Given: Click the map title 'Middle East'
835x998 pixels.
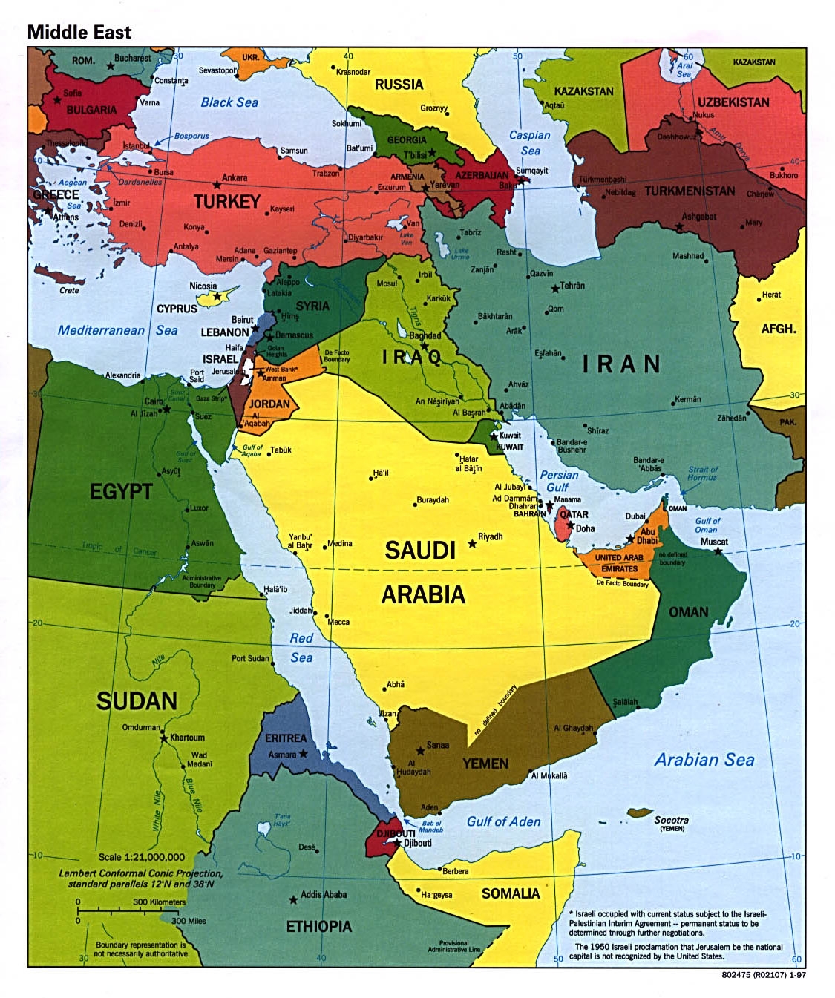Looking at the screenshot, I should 79,32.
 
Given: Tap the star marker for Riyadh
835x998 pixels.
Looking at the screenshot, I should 472,544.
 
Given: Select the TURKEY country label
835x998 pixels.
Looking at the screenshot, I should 226,202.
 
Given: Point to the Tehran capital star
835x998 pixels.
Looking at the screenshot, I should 555,289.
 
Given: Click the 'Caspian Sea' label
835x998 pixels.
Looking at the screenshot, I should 530,143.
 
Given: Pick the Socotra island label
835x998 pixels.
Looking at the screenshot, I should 671,820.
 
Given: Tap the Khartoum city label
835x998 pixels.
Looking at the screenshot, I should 187,738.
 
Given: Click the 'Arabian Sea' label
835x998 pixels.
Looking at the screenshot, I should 704,760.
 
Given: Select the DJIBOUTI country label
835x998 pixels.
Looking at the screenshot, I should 396,833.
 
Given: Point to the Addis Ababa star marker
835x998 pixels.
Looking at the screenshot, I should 293,900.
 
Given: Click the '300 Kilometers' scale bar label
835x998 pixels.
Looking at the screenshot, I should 159,902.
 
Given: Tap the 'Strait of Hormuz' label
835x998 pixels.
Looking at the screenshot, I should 702,473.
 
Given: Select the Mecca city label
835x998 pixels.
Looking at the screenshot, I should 338,622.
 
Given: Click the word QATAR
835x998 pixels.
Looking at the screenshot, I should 574,514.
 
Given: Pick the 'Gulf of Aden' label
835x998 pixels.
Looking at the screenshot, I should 503,821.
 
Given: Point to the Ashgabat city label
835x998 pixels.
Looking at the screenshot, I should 698,217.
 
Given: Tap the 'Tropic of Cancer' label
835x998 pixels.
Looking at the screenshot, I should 119,549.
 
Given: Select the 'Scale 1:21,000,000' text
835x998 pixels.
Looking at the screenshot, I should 142,857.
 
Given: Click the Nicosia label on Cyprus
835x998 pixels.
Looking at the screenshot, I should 203,286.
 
